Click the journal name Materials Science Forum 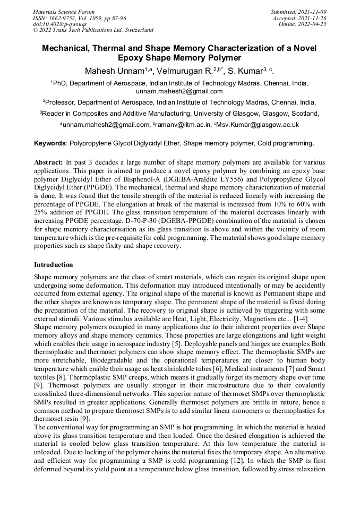(x=64, y=12)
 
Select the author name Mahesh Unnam (x=109, y=71)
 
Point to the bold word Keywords (x=50, y=143)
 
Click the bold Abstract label (x=48, y=161)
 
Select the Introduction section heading (x=54, y=265)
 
